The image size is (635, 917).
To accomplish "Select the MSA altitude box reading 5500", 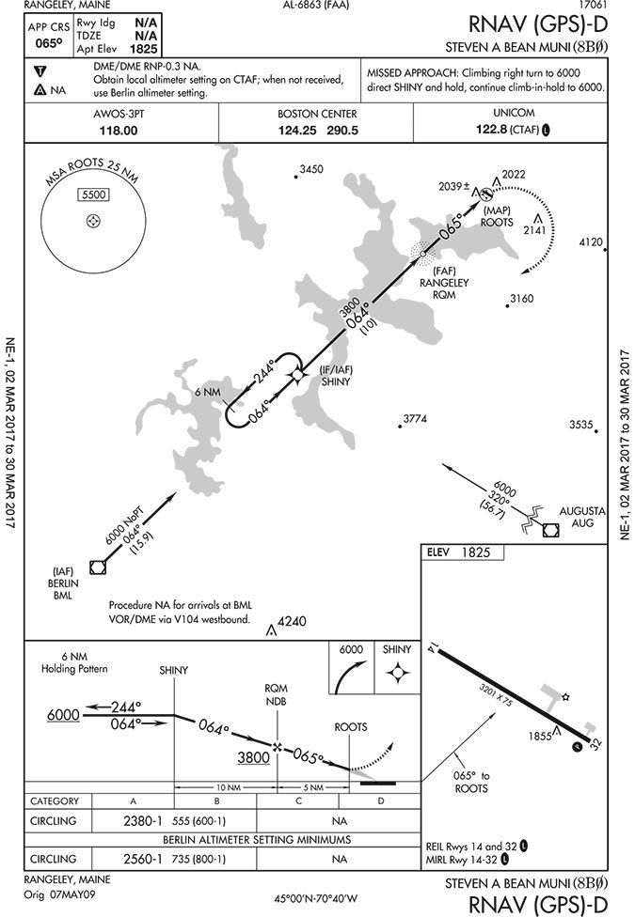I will click(x=93, y=194).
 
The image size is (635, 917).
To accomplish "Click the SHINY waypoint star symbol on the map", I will click(x=297, y=374).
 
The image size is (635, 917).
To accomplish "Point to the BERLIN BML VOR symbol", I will click(x=97, y=566).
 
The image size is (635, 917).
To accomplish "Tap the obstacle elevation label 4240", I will click(x=293, y=621).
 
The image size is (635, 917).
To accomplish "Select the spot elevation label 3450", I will click(x=310, y=169).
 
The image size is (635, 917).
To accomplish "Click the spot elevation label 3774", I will click(x=415, y=418).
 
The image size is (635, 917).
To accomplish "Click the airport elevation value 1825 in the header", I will click(x=143, y=48).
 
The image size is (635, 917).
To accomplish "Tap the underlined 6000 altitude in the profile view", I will click(x=63, y=716).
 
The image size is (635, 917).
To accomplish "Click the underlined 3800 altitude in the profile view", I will click(x=253, y=757).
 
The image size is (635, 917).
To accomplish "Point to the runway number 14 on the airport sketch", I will click(x=432, y=646).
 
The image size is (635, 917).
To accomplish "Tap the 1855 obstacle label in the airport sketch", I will click(x=541, y=737).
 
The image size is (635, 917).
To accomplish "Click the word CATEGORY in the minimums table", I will click(x=55, y=801).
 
